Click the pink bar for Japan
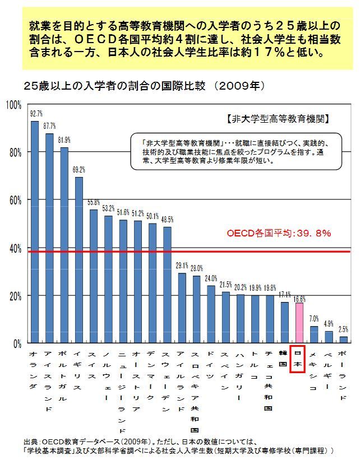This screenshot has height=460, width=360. (x=299, y=323)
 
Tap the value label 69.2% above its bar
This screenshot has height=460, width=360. (x=79, y=170)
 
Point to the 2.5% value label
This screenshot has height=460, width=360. (x=344, y=329)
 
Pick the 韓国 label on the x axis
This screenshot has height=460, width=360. (x=284, y=356)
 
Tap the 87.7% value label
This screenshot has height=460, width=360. (x=50, y=126)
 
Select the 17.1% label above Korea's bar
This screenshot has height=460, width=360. (x=285, y=295)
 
